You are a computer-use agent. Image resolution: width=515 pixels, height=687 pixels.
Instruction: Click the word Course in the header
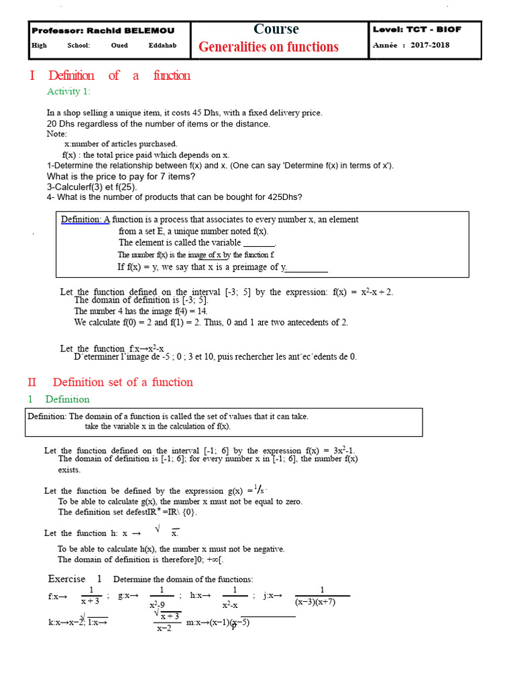pos(276,30)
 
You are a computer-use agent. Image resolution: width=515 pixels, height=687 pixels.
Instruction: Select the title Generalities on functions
pos(268,47)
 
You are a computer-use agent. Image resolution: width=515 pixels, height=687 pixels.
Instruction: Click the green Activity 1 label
pos(68,91)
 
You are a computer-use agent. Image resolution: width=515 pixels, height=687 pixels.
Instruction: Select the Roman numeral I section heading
pos(32,76)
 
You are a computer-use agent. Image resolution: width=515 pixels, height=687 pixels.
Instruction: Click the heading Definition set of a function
pos(123,382)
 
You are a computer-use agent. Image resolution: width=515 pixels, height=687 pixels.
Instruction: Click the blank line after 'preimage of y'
pos(307,268)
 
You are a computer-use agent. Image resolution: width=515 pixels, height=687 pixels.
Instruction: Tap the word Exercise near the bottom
pos(67,579)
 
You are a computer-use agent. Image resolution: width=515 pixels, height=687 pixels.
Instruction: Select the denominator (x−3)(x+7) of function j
pos(323,602)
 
